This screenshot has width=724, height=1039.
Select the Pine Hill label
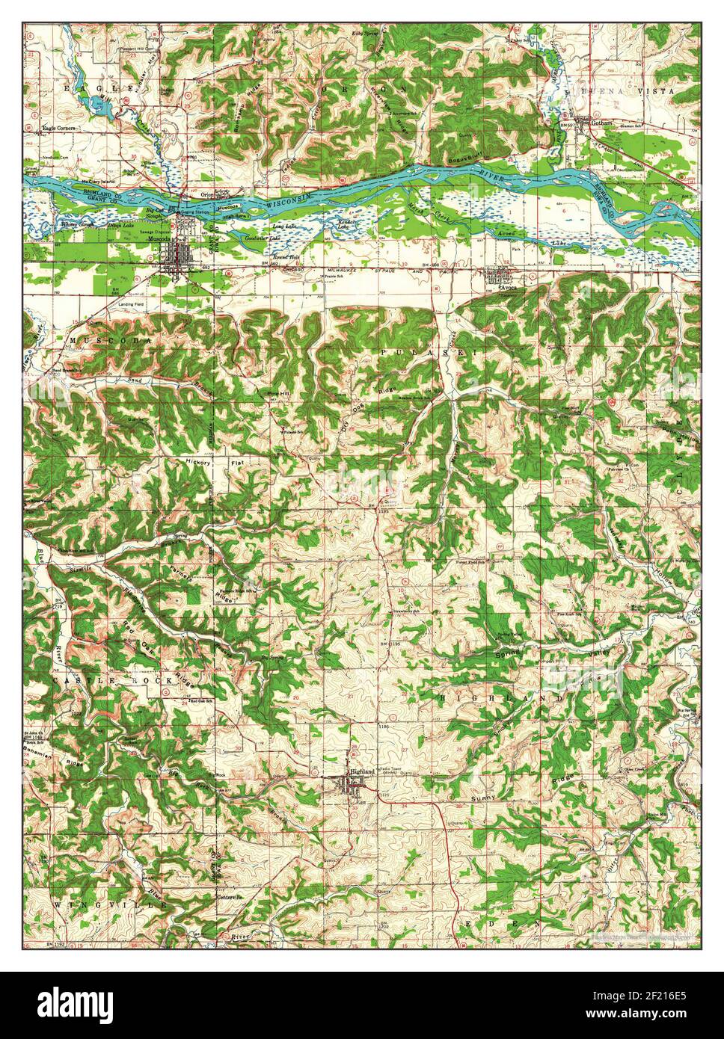click(x=269, y=392)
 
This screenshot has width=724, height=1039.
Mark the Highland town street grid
click(x=352, y=784)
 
